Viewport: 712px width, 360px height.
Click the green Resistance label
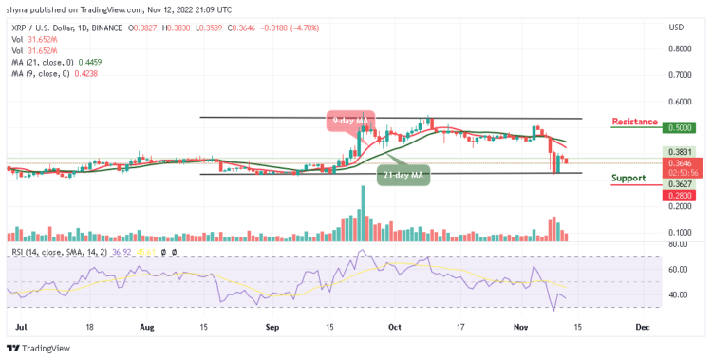tap(637, 122)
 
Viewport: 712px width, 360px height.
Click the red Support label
tap(628, 178)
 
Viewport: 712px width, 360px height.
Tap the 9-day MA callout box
tap(347, 121)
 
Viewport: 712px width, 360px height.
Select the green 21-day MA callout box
tap(399, 174)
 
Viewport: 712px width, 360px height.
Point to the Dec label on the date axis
tap(642, 325)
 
